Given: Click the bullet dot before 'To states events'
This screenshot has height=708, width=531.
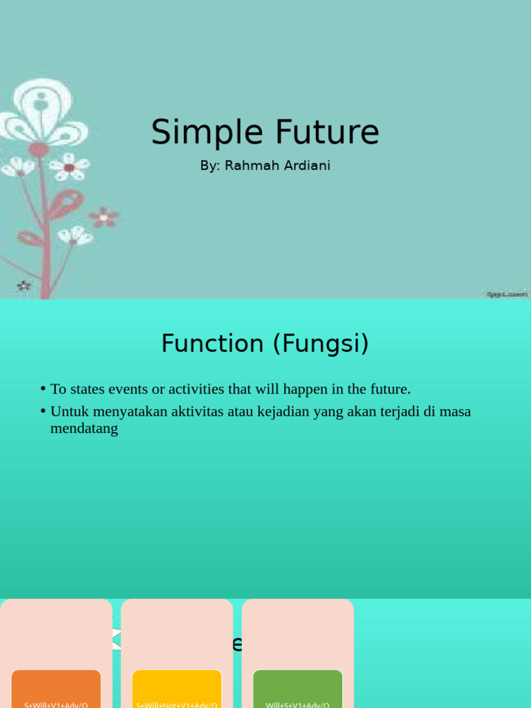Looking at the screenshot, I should [43, 389].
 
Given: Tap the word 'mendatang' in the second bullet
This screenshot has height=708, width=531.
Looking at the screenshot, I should [84, 429].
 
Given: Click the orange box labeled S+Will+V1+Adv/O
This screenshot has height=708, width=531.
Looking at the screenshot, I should [56, 689].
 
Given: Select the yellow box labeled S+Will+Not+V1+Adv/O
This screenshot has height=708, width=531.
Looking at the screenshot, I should [176, 689].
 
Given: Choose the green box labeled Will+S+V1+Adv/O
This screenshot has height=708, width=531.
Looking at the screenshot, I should [297, 689].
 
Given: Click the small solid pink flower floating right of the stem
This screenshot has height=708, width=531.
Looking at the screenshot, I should [104, 217].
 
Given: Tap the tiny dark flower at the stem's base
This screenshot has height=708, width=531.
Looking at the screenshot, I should [24, 285].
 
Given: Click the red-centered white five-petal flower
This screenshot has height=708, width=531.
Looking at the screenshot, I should [69, 167].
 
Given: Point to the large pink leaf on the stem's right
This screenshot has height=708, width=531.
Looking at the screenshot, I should [65, 204].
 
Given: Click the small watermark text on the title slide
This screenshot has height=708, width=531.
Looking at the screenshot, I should [507, 294].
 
